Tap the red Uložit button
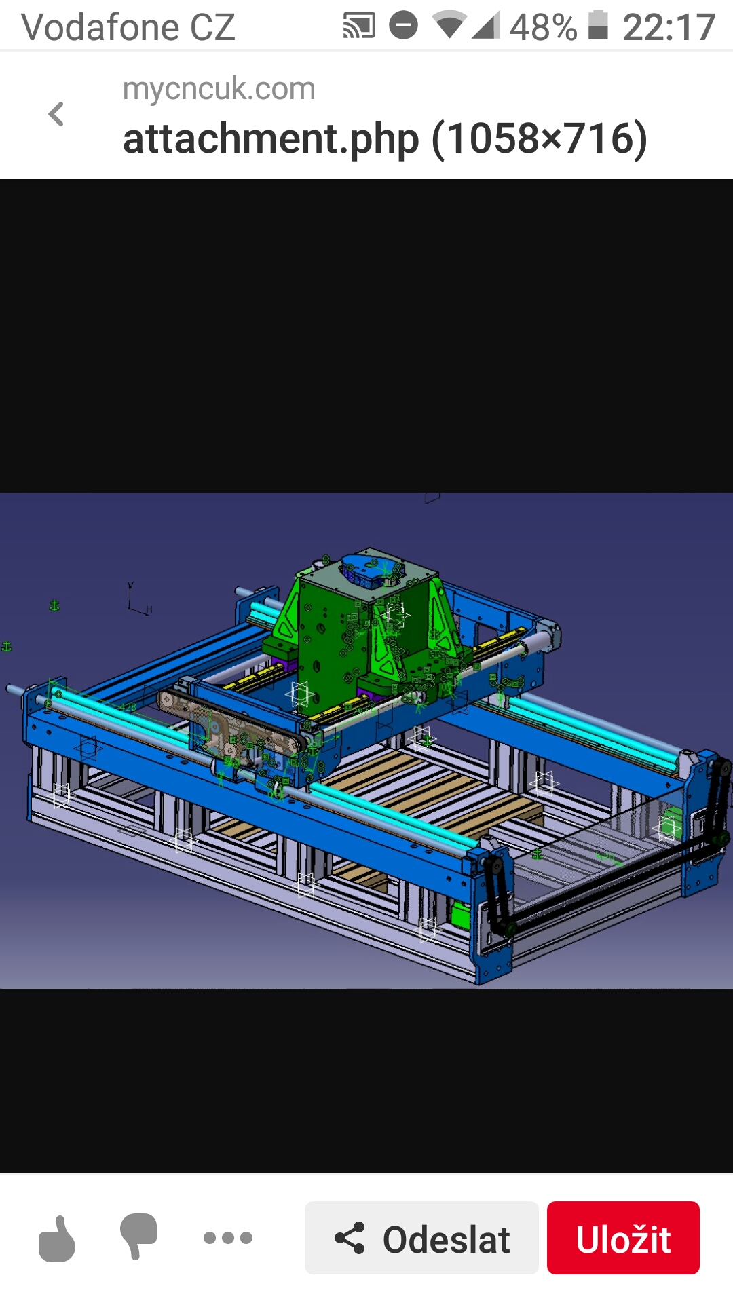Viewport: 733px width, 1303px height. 623,1238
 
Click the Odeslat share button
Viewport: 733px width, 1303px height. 421,1238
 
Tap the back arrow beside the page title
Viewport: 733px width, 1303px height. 56,114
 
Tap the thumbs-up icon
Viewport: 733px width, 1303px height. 57,1239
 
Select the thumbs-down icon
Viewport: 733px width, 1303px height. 138,1236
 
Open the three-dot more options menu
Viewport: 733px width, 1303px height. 228,1238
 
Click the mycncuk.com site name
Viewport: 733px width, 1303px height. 219,89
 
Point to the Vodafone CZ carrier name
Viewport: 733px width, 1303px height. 128,27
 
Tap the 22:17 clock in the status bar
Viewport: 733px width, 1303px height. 669,27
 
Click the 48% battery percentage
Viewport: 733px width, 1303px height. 543,27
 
